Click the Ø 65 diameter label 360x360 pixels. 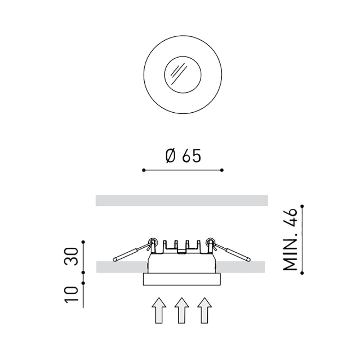click(183, 156)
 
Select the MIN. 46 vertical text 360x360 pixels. click(291, 239)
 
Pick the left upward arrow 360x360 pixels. click(159, 310)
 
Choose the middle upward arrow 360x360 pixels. click(182, 310)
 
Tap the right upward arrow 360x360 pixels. click(204, 310)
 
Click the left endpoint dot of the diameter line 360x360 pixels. click(143, 170)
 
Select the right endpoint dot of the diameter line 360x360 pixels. click(222, 170)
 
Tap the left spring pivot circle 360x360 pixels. click(153, 241)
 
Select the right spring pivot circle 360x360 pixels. click(210, 241)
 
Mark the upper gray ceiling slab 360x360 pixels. click(182, 201)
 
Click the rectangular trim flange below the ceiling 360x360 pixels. click(182, 279)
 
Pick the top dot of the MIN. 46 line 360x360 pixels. click(302, 206)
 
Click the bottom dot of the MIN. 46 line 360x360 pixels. click(302, 273)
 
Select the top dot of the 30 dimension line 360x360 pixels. click(83, 242)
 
